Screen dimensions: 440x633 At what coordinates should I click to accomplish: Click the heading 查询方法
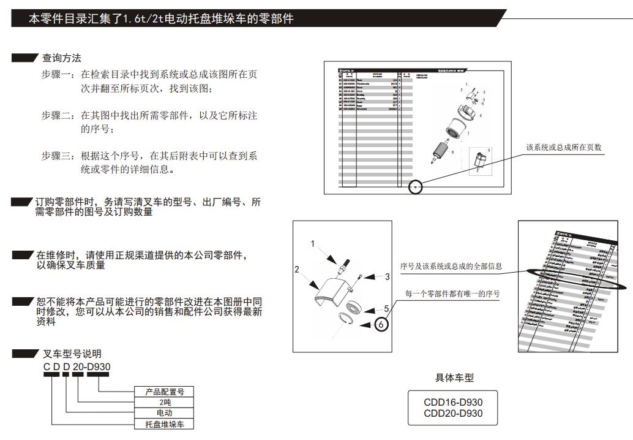61,58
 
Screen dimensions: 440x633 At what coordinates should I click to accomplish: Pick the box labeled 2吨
165,403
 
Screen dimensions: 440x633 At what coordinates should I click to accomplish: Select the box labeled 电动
165,413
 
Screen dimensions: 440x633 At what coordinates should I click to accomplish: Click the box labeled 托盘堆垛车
165,424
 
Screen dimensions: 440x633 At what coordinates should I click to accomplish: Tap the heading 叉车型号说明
72,354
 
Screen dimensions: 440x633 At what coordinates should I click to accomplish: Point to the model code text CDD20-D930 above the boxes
77,366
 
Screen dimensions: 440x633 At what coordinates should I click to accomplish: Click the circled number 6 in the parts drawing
381,324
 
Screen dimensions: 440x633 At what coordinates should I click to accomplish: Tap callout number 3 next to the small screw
387,277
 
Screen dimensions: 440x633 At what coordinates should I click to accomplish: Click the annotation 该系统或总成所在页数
564,148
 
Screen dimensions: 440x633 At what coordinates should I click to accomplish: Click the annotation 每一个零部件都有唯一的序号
452,294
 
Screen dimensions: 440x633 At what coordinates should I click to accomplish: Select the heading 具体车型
454,378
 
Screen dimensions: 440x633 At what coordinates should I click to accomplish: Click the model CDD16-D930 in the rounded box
453,403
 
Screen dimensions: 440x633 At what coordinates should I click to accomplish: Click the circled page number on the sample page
416,186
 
